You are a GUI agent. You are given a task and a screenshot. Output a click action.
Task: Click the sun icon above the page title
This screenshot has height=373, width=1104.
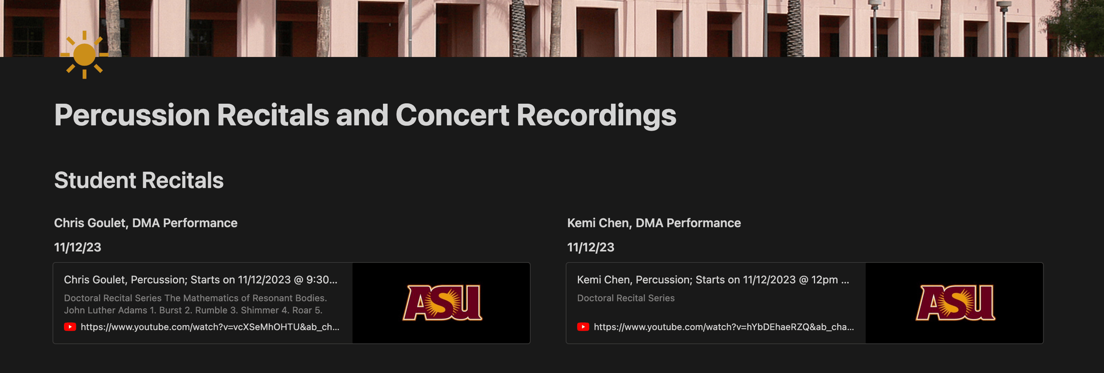pos(84,55)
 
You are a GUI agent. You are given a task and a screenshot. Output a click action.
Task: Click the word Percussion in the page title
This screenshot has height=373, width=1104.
pos(132,115)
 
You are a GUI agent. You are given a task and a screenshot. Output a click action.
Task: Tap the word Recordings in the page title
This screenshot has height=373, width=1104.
pos(596,116)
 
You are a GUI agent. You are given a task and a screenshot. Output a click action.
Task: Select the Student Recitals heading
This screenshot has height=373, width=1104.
pos(139,180)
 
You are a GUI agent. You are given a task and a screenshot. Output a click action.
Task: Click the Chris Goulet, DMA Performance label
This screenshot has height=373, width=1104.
pos(146,223)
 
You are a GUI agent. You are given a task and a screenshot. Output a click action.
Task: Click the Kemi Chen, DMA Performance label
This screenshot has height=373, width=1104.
pos(654,223)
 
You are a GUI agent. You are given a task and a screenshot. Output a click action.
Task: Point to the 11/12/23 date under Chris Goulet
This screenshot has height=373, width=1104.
pos(78,247)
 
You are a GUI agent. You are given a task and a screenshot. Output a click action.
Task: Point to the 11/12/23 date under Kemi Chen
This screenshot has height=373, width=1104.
pos(591,247)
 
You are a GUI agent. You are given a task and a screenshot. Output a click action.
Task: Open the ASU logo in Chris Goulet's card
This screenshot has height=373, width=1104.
pos(442,302)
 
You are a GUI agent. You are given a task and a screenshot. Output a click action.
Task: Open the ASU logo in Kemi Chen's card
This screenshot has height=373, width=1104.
pos(955,302)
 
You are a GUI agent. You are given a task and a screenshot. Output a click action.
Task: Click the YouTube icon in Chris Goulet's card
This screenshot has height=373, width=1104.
pos(70,327)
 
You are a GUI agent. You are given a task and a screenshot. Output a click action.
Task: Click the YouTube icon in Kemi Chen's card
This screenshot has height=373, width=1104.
pos(583,327)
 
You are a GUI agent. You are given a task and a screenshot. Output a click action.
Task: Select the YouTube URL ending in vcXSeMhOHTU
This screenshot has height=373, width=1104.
pos(210,327)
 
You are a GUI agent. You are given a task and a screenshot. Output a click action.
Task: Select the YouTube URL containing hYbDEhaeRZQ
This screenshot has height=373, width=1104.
pos(724,327)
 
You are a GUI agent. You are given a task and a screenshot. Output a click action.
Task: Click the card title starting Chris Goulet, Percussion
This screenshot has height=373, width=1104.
pos(201,280)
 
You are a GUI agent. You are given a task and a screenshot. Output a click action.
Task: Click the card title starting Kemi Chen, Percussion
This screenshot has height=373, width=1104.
pos(713,280)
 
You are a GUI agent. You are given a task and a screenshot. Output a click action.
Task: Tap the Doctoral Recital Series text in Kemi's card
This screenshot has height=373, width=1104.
pos(626,298)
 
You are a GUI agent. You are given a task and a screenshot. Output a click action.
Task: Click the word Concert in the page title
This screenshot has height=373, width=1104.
pos(452,115)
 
